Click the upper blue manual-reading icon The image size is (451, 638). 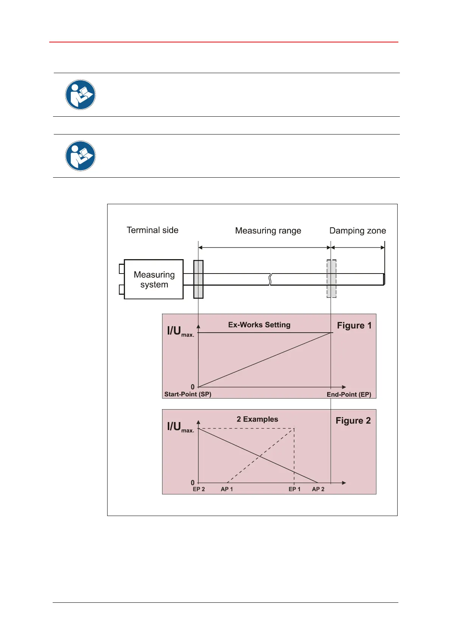[x=80, y=95]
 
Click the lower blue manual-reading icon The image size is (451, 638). [x=80, y=156]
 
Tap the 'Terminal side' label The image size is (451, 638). [x=152, y=230]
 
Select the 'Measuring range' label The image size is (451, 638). [x=268, y=231]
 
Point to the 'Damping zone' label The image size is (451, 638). [x=357, y=231]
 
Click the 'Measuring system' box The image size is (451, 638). [x=154, y=279]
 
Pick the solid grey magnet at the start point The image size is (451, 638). [x=198, y=279]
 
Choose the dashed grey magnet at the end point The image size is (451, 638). [x=331, y=279]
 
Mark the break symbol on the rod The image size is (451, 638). [x=270, y=279]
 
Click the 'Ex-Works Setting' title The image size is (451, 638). [x=259, y=325]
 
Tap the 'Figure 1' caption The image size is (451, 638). [x=354, y=325]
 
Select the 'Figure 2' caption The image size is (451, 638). [x=353, y=421]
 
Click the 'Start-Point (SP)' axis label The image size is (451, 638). [x=188, y=394]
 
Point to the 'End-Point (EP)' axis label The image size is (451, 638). [x=349, y=394]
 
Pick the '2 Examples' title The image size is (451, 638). [x=257, y=419]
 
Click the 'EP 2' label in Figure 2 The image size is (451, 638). [x=199, y=489]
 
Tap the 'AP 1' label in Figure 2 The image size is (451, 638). [x=227, y=489]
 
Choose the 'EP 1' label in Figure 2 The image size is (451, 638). [x=295, y=489]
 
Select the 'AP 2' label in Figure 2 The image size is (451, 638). [x=318, y=489]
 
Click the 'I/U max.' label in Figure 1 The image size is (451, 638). [x=180, y=331]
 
